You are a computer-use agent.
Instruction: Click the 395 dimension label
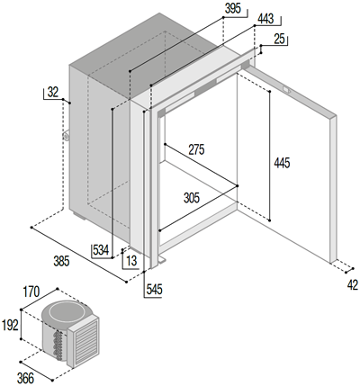coord(233,9)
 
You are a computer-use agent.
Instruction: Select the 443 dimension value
coord(265,19)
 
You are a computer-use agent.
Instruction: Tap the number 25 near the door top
coord(279,39)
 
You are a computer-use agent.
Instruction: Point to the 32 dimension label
coord(53,92)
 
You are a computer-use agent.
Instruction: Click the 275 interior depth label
coord(196,149)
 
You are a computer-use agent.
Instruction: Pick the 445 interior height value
coord(282,163)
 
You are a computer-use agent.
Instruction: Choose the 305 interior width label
coord(192,198)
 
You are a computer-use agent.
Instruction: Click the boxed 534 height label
coord(101,250)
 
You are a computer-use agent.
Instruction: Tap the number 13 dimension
coord(131,261)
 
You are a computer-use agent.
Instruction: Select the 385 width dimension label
coord(61,261)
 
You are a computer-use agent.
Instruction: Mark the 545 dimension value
coord(154,290)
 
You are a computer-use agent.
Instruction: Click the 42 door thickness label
coord(353,285)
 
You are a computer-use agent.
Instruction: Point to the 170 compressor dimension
coord(31,292)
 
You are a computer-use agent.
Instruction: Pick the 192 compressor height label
coord(11,325)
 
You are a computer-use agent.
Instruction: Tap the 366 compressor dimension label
coord(25,379)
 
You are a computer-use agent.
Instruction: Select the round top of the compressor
coord(64,312)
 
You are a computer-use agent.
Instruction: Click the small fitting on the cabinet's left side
coord(66,136)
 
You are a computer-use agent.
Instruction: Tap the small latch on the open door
coord(286,89)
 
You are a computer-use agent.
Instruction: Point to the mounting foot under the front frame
coord(161,260)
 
